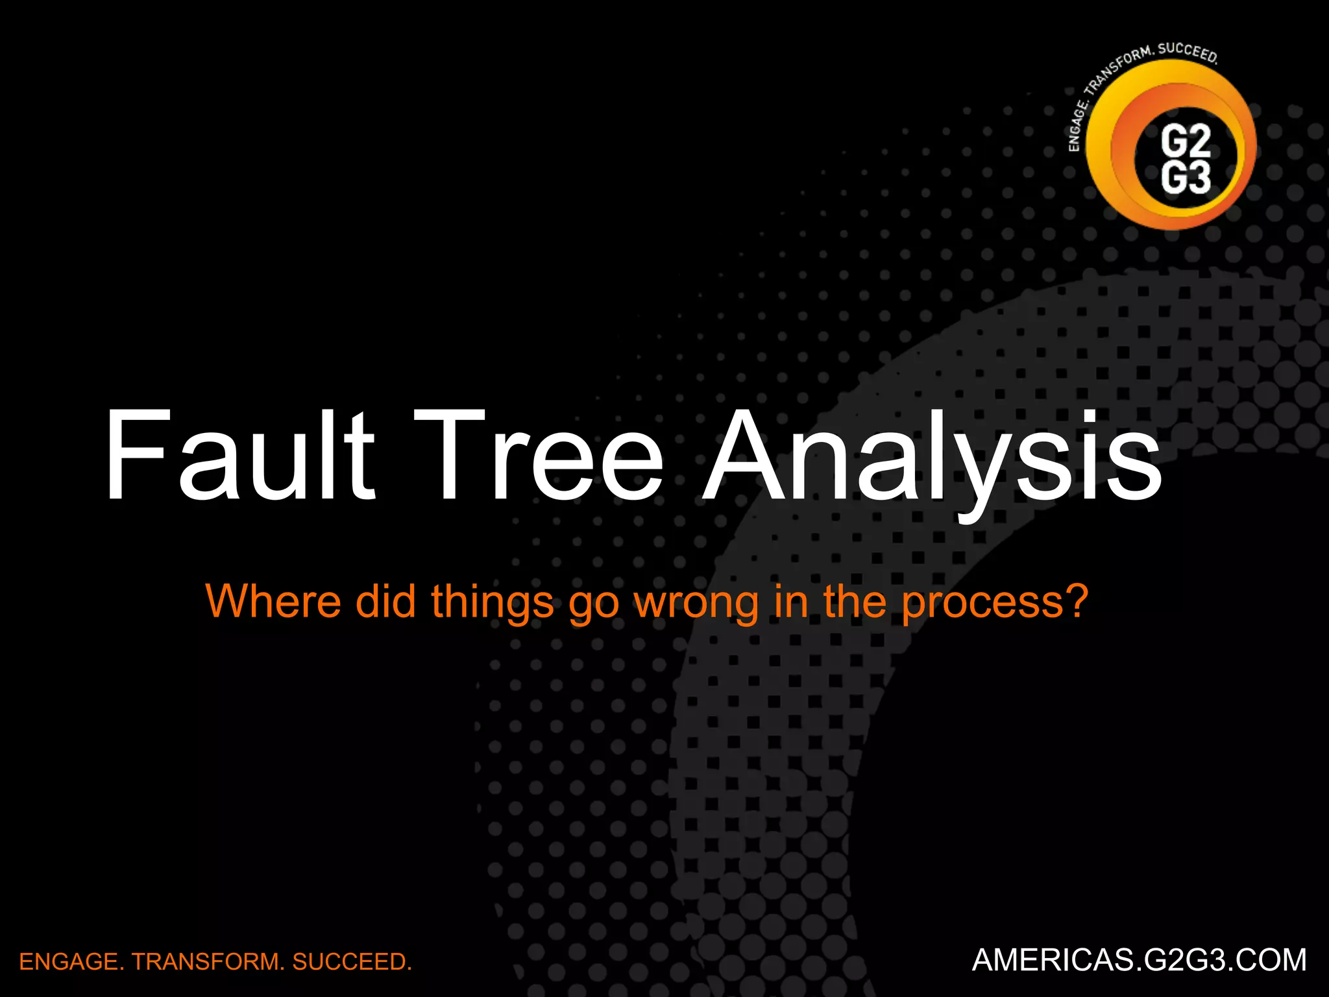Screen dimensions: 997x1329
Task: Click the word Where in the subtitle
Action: pyautogui.click(x=273, y=601)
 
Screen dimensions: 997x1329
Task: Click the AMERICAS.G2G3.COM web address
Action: pyautogui.click(x=1139, y=960)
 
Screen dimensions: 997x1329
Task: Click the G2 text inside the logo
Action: pyautogui.click(x=1186, y=140)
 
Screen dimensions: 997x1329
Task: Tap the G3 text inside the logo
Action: pyautogui.click(x=1186, y=178)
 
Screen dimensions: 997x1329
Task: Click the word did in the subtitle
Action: pyautogui.click(x=385, y=601)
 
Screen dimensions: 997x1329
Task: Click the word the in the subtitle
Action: pyautogui.click(x=856, y=601)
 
